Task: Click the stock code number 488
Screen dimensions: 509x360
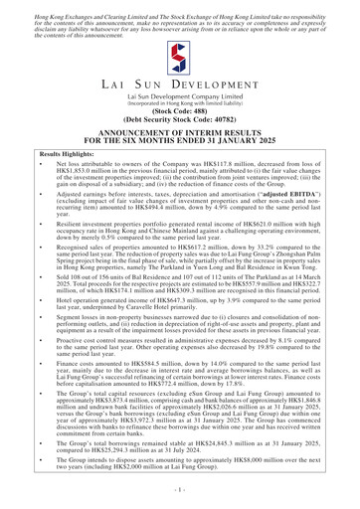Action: (199, 127)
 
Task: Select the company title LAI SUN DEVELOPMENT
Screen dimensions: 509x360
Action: (179, 93)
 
